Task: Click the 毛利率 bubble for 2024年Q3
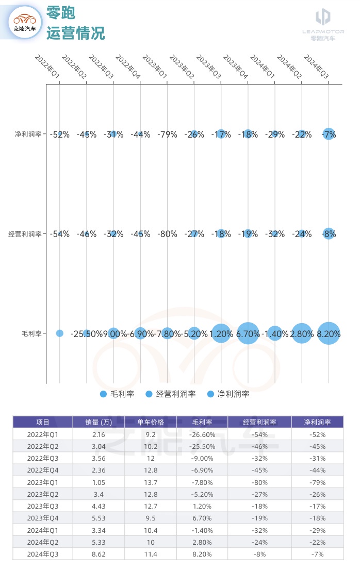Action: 329,333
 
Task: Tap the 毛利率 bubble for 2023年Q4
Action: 248,333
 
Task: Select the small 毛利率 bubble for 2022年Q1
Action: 60,333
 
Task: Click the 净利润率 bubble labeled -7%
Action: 329,134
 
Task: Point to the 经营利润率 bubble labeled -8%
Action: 329,233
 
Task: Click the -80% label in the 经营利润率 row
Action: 167,234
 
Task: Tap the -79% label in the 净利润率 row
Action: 167,135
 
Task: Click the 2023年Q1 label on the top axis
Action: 155,68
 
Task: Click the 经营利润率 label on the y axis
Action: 25,234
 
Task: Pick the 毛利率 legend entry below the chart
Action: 117,394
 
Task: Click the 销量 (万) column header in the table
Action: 99,422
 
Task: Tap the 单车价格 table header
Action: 151,422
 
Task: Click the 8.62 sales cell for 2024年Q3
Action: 99,554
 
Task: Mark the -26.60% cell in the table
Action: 202,434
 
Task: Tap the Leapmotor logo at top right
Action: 323,23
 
